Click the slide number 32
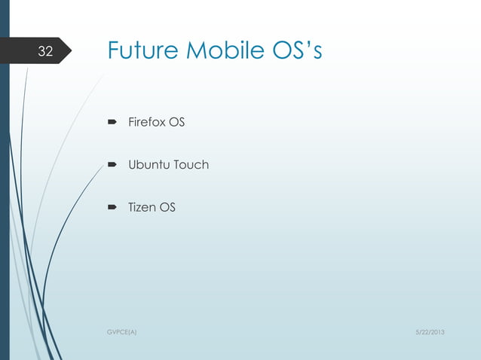coord(46,52)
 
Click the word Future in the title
coord(142,50)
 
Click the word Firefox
coord(146,123)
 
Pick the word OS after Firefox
coord(176,123)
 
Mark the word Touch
coord(191,164)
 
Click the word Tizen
coord(142,206)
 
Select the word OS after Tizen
coord(167,206)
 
